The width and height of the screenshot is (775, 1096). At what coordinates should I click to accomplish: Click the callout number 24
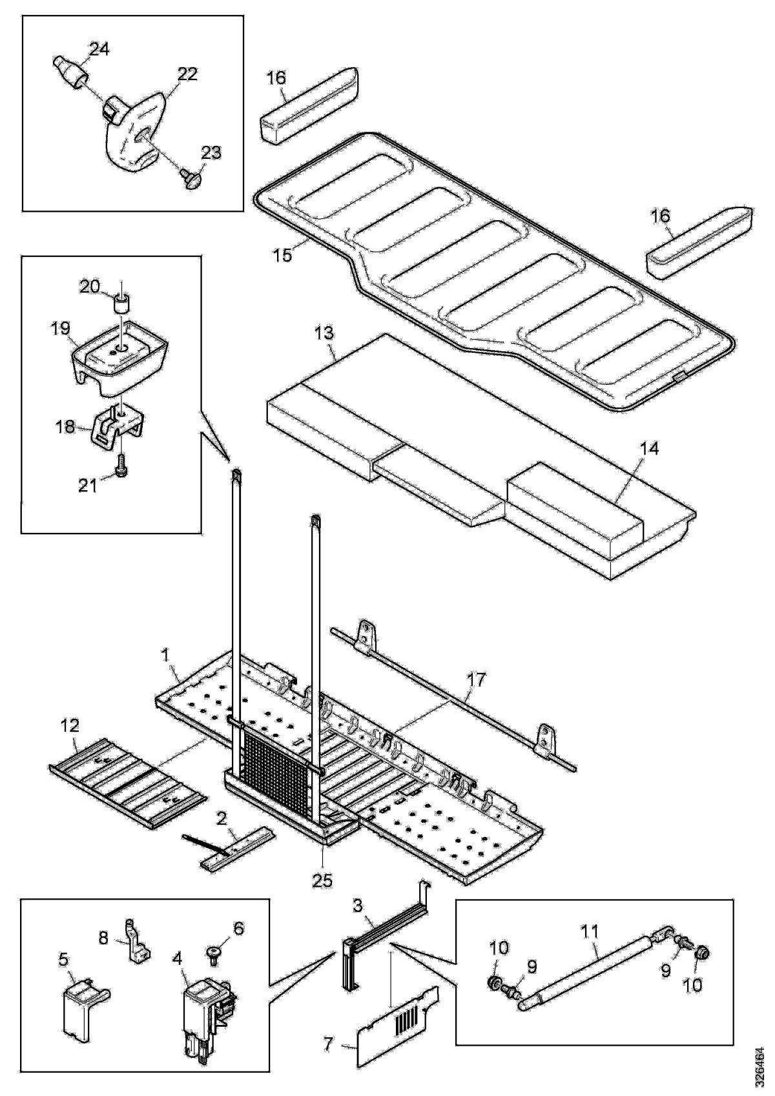point(99,50)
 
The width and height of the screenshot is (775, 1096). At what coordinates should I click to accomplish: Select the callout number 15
point(282,253)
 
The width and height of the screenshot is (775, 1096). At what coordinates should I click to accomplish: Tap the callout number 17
point(478,681)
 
